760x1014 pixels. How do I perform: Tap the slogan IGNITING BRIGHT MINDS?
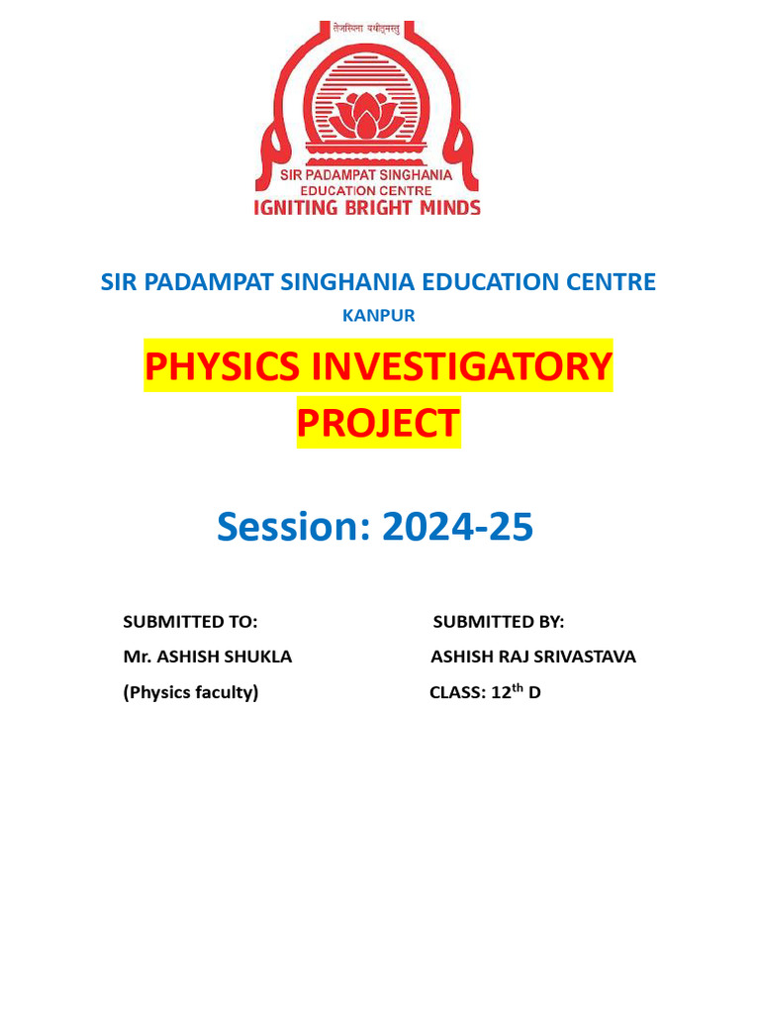368,208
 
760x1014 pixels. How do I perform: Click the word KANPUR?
378,316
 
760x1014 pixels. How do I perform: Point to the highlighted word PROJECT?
378,423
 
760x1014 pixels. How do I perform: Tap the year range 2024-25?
457,527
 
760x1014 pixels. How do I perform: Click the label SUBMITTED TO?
190,622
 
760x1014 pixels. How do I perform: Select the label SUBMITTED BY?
499,622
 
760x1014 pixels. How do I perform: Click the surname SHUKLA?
256,657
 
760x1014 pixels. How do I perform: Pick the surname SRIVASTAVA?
581,657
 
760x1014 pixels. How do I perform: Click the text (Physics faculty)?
190,692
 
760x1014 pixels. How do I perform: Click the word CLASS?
457,693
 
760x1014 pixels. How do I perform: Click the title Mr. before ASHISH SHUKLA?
135,657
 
